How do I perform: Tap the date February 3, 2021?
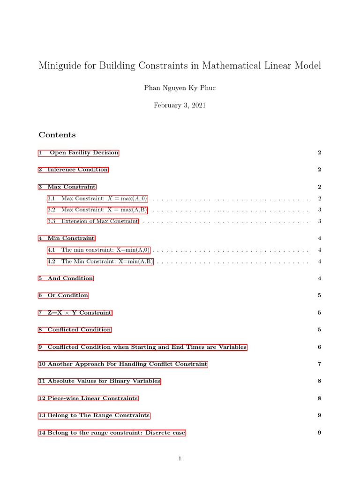coord(180,105)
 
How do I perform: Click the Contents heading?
coord(57,135)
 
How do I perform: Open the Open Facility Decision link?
coord(79,153)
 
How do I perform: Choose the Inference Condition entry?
coord(74,170)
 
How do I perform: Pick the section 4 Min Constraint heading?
coord(67,239)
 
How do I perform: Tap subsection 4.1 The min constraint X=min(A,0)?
coord(98,250)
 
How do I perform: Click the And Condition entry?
coord(66,278)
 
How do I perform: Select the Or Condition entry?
coord(64,295)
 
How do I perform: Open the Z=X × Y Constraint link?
coord(75,313)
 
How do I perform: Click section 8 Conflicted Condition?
coord(75,330)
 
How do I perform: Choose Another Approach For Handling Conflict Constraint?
coord(123,364)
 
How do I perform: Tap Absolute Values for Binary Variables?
coord(99,381)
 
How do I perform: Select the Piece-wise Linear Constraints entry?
coord(89,398)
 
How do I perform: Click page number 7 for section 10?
coord(319,364)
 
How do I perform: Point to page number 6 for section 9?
coord(319,347)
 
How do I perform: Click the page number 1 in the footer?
coord(180,459)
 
